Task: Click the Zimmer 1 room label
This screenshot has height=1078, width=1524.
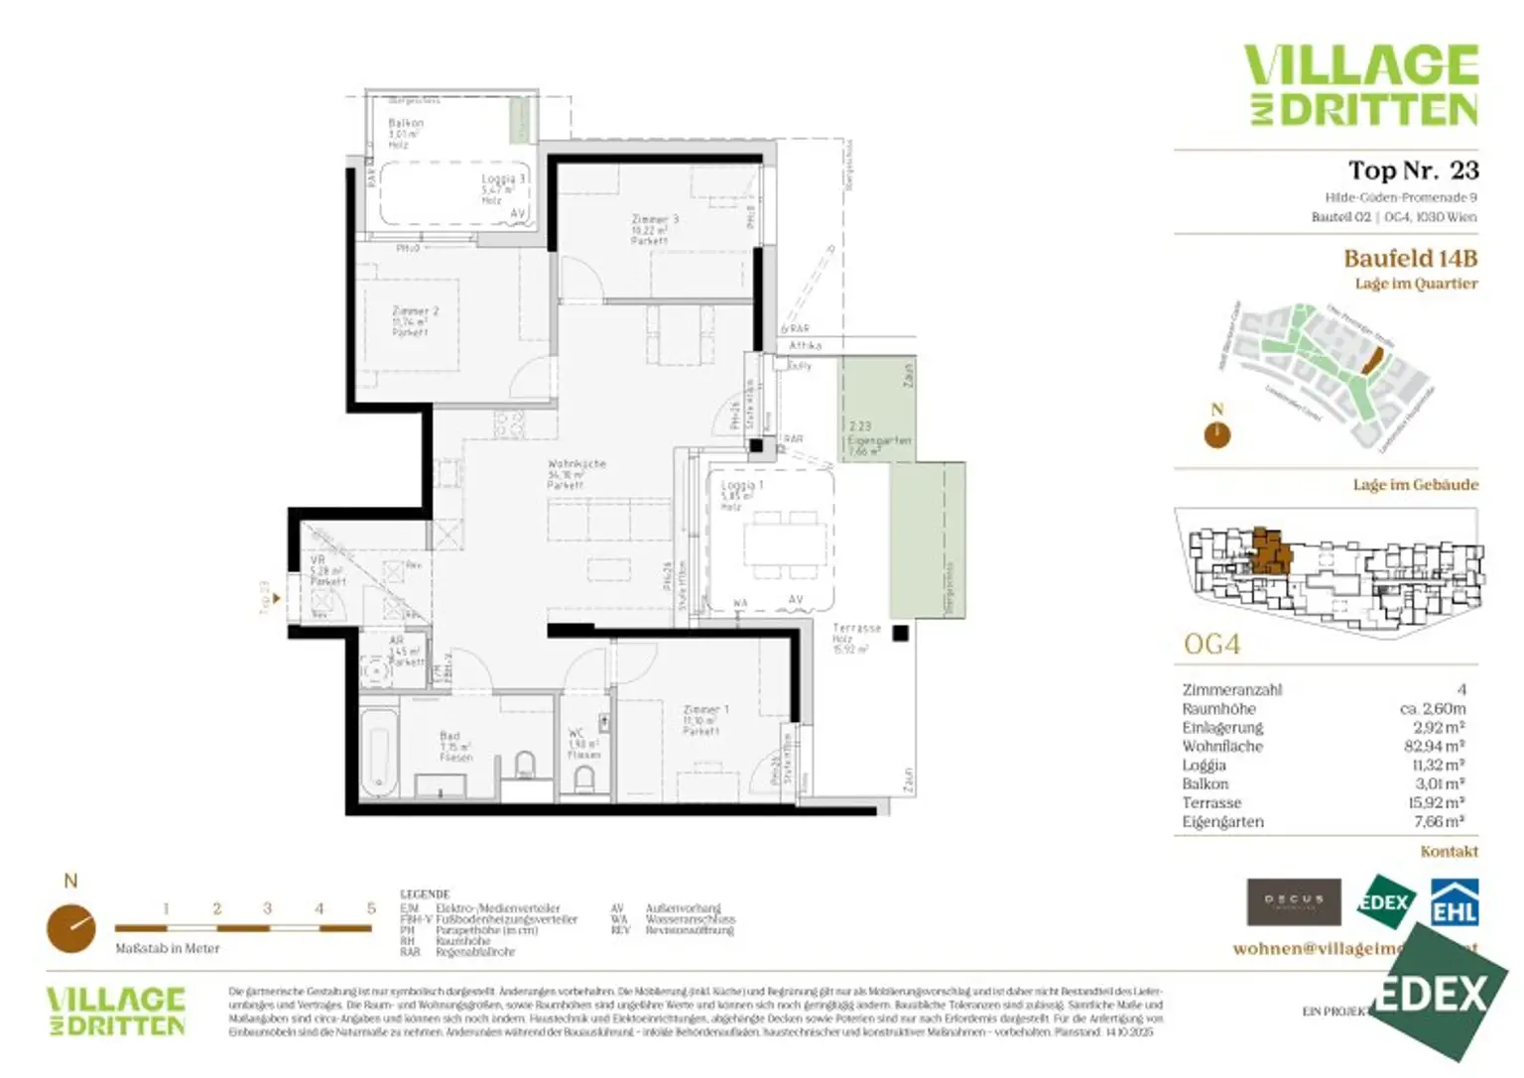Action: [705, 710]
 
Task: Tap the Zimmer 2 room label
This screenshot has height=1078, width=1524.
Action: [414, 311]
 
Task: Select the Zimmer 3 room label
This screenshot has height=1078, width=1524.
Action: [654, 220]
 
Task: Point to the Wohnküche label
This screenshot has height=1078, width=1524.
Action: [575, 464]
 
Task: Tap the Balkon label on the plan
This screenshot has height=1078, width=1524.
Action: [405, 124]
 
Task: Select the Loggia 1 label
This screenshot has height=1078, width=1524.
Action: [741, 486]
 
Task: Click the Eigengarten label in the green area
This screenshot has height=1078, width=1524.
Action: [878, 440]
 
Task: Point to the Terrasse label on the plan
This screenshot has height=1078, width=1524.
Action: [856, 629]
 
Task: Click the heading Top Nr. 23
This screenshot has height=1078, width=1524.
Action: [1412, 171]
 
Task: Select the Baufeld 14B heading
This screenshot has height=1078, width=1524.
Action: [1410, 259]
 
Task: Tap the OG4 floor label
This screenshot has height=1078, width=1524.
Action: [1211, 645]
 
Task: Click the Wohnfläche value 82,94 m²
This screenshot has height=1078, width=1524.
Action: [1434, 746]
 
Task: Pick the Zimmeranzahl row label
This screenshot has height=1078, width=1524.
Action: [1231, 689]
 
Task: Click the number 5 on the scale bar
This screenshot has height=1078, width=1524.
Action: [371, 908]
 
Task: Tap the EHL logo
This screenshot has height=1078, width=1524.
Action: [1454, 902]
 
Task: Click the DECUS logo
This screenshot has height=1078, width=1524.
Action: [1293, 901]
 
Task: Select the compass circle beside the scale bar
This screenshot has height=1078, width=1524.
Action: [71, 928]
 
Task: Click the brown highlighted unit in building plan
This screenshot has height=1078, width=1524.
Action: [1270, 552]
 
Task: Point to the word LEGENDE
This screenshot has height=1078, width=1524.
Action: [425, 894]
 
